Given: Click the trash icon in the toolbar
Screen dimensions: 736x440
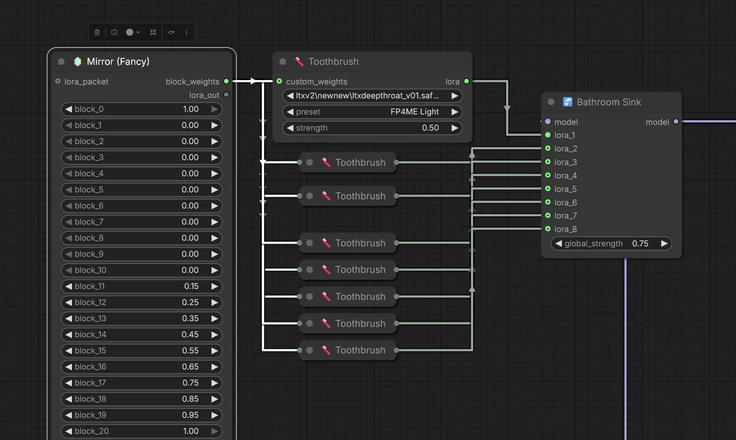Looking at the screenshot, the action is [97, 32].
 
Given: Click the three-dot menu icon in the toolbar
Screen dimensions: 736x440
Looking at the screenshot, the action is [186, 32].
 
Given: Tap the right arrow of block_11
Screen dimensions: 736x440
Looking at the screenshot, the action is [215, 286].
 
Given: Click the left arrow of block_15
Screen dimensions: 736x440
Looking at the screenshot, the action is [69, 351].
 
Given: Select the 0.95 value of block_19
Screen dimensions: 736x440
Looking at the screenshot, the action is [190, 415].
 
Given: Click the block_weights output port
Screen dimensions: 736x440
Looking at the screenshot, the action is [226, 81].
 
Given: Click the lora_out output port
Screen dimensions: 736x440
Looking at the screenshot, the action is [226, 95].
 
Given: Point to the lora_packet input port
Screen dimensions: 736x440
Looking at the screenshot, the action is [58, 81].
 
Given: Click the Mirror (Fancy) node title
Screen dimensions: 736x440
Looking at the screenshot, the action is [118, 61].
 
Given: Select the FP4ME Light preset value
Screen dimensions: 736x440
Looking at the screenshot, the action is [414, 112].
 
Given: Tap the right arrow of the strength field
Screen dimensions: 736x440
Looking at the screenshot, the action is [455, 128].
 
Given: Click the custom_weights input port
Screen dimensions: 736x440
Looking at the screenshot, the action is [279, 81].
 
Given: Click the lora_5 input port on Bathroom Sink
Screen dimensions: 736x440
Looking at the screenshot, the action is [548, 189].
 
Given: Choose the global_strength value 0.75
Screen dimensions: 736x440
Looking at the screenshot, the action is [640, 243].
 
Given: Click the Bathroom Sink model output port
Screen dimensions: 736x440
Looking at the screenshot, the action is [676, 122].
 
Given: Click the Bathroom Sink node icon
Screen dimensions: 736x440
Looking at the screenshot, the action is [567, 102].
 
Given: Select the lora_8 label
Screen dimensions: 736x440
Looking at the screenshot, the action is [565, 229].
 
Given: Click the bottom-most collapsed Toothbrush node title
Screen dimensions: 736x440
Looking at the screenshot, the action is [360, 350].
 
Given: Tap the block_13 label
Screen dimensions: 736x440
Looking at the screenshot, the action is [91, 318].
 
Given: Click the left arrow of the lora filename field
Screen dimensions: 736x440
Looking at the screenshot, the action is [290, 96].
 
